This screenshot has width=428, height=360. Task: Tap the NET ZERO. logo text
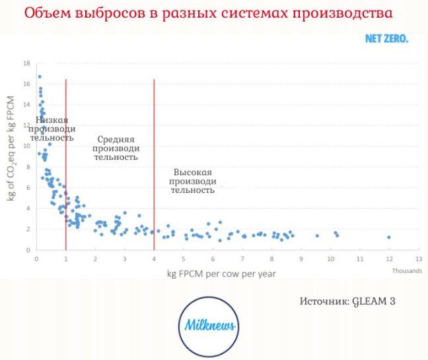[x=386, y=38]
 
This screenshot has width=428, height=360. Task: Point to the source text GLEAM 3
[x=347, y=301]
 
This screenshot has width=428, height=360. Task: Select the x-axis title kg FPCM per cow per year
[x=221, y=273]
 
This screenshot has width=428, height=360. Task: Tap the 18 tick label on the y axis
[x=27, y=63]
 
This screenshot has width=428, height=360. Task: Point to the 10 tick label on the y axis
[x=27, y=147]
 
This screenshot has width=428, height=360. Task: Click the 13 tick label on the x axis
[x=417, y=259]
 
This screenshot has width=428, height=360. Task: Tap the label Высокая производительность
[x=193, y=180]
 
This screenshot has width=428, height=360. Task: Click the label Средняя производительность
[x=116, y=149]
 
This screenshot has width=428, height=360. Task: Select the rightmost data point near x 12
[x=389, y=237]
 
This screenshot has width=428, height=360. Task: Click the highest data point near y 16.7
[x=40, y=77]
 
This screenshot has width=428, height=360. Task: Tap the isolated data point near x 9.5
[x=317, y=236]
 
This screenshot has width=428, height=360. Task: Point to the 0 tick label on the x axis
[x=36, y=259]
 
